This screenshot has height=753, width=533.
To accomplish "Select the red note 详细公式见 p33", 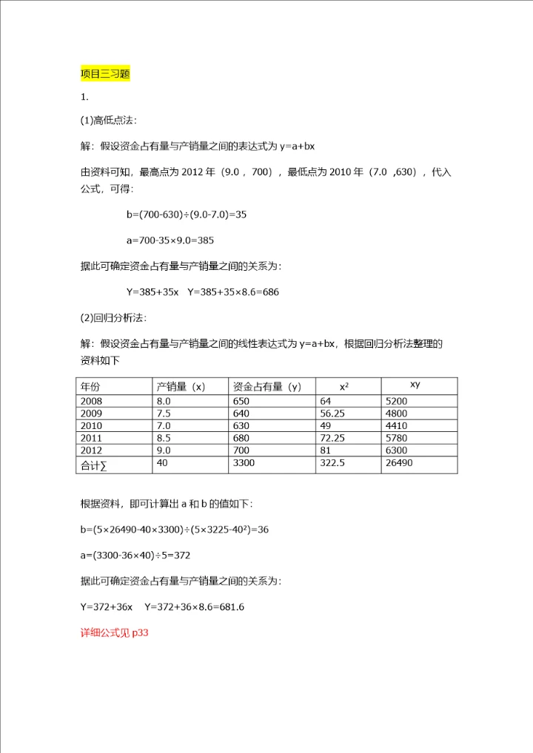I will (x=115, y=633).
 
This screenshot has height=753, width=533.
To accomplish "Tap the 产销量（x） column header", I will (x=180, y=386).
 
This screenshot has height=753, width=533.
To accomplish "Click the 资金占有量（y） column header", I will (x=266, y=386).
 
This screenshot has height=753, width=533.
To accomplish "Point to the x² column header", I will (x=344, y=386).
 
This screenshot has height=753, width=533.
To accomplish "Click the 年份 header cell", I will (x=90, y=386).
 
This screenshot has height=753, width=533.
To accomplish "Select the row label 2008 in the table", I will (x=92, y=401).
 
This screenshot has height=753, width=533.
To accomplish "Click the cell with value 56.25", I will (x=332, y=413).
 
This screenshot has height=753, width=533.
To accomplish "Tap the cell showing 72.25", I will (x=332, y=438).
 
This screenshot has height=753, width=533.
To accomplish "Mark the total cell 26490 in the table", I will (x=399, y=463).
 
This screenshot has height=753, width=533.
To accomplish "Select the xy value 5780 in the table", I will (x=396, y=438).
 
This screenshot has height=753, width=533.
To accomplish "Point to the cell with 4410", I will (x=396, y=426).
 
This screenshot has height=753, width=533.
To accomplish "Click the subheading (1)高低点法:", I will (x=108, y=121).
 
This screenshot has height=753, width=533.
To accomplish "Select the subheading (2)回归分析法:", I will (x=113, y=318).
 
